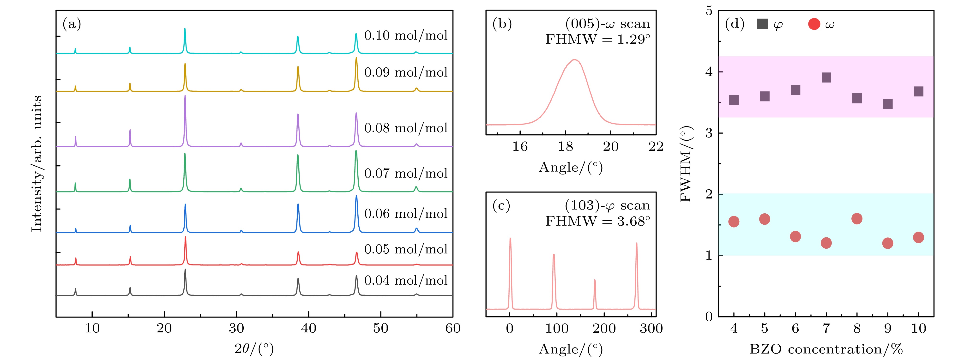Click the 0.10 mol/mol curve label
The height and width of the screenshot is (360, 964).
click(x=406, y=36)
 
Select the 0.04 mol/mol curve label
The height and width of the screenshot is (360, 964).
click(x=406, y=280)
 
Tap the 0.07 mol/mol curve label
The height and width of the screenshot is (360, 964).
click(x=406, y=173)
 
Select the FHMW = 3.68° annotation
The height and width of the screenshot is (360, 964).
click(x=597, y=221)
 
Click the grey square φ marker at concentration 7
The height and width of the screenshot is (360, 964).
click(x=826, y=78)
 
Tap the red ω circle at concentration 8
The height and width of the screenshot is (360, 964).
click(x=857, y=219)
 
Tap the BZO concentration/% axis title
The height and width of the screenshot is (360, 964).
click(x=826, y=349)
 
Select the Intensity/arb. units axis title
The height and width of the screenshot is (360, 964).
click(x=37, y=163)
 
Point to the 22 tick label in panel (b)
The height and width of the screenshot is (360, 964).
click(x=656, y=147)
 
